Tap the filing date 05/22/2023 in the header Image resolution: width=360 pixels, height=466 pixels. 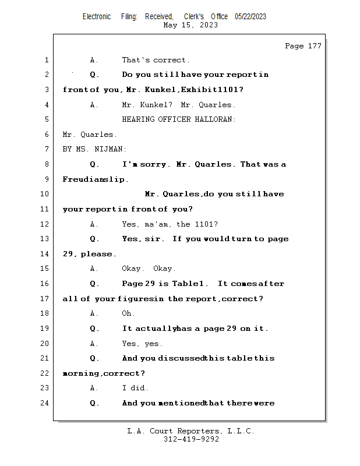point(250,17)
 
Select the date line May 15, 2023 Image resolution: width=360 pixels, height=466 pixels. point(191,25)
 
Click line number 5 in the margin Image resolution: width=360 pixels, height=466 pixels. point(46,119)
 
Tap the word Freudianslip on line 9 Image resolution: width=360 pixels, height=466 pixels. point(96,179)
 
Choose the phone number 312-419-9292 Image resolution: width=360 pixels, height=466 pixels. point(191,440)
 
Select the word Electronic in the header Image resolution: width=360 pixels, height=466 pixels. point(97,17)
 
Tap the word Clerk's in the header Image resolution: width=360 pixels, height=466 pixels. point(193,17)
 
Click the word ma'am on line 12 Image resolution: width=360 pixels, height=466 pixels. point(158,224)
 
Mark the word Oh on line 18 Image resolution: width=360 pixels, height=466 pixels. point(128,313)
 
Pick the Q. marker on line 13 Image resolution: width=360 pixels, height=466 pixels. point(95,239)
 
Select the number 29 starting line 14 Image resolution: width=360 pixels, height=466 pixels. point(69,254)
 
